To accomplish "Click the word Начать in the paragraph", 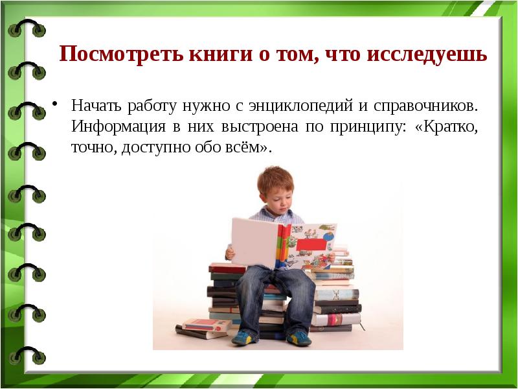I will point(95,104).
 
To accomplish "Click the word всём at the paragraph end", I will point(245,147).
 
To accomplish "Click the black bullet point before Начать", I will point(56,104).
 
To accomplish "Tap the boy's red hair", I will point(275,178).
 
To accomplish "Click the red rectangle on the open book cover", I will point(311,244).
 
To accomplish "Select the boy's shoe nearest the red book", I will point(243,336).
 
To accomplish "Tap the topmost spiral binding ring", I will point(26,29).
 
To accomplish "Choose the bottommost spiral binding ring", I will point(26,355).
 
